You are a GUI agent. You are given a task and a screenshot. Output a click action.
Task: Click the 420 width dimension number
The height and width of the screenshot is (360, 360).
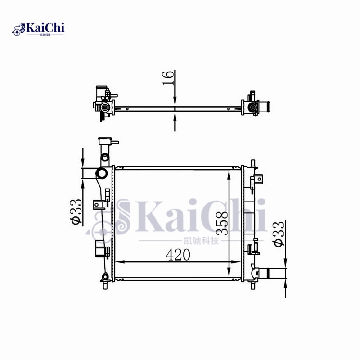[x=178, y=255]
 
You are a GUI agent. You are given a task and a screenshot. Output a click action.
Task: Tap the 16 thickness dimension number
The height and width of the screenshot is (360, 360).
[x=168, y=78]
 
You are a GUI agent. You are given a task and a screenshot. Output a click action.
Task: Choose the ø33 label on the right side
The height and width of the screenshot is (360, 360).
[x=279, y=234]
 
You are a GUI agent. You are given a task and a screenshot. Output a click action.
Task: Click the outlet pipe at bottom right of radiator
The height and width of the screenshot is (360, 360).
[x=272, y=273]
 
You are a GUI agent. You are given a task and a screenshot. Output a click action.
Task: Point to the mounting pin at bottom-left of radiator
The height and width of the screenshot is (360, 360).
[x=104, y=285]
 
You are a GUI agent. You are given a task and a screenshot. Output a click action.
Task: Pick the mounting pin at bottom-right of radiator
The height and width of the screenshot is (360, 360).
[x=252, y=285]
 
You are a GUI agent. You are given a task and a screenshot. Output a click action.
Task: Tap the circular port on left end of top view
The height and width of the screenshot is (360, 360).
[x=105, y=108]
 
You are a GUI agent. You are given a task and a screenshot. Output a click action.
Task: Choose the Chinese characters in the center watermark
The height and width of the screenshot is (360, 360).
[x=201, y=241]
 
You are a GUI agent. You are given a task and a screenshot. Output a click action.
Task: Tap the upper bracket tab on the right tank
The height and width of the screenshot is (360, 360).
[x=257, y=180]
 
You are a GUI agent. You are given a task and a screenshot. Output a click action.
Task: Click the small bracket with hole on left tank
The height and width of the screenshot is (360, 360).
[x=97, y=205]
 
